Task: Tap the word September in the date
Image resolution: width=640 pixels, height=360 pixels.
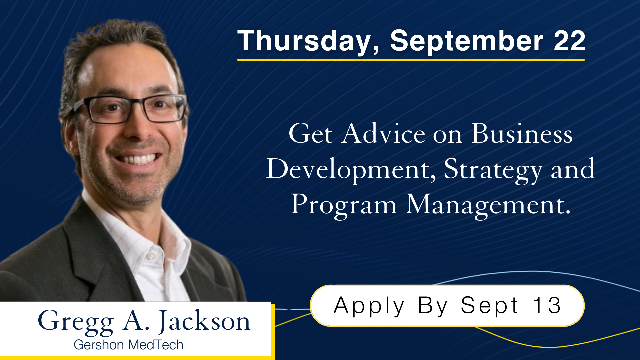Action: click(467, 41)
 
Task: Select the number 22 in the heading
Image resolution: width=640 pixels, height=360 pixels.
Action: click(569, 41)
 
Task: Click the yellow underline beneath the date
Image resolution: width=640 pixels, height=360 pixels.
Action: click(411, 60)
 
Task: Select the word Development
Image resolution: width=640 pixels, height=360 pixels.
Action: click(350, 169)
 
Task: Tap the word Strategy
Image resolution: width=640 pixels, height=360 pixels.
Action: click(493, 169)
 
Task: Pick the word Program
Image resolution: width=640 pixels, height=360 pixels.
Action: click(343, 205)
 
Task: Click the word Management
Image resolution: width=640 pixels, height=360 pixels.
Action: click(488, 205)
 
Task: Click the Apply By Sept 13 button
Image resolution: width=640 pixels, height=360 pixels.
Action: click(447, 305)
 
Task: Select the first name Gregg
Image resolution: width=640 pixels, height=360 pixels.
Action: click(76, 321)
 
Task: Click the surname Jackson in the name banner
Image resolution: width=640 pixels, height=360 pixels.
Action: click(204, 321)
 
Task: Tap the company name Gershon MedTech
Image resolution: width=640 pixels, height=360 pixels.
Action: click(128, 345)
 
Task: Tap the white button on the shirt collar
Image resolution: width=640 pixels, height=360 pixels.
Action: click(151, 256)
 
